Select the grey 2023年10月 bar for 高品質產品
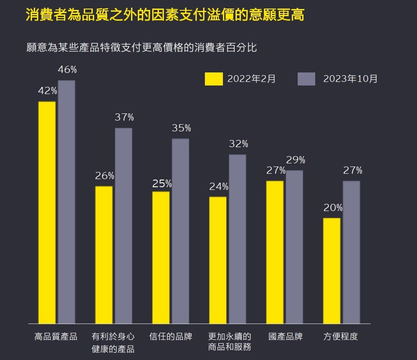pyautogui.click(x=67, y=202)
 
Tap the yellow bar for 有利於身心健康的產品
pyautogui.click(x=104, y=255)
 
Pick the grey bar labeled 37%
pyautogui.click(x=123, y=225)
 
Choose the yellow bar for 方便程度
pyautogui.click(x=332, y=270)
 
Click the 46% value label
pyautogui.click(x=67, y=70)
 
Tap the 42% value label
pyautogui.click(x=47, y=91)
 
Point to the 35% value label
pyautogui.click(x=181, y=128)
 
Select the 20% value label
pyautogui.click(x=333, y=208)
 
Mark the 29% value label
pyautogui.click(x=295, y=160)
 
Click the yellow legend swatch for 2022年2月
pyautogui.click(x=213, y=79)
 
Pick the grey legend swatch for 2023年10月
pyautogui.click(x=306, y=79)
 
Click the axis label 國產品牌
pyautogui.click(x=286, y=337)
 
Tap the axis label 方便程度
pyautogui.click(x=341, y=337)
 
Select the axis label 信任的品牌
pyautogui.click(x=171, y=337)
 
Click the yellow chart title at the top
pyautogui.click(x=165, y=15)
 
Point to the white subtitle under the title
pyautogui.click(x=141, y=47)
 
